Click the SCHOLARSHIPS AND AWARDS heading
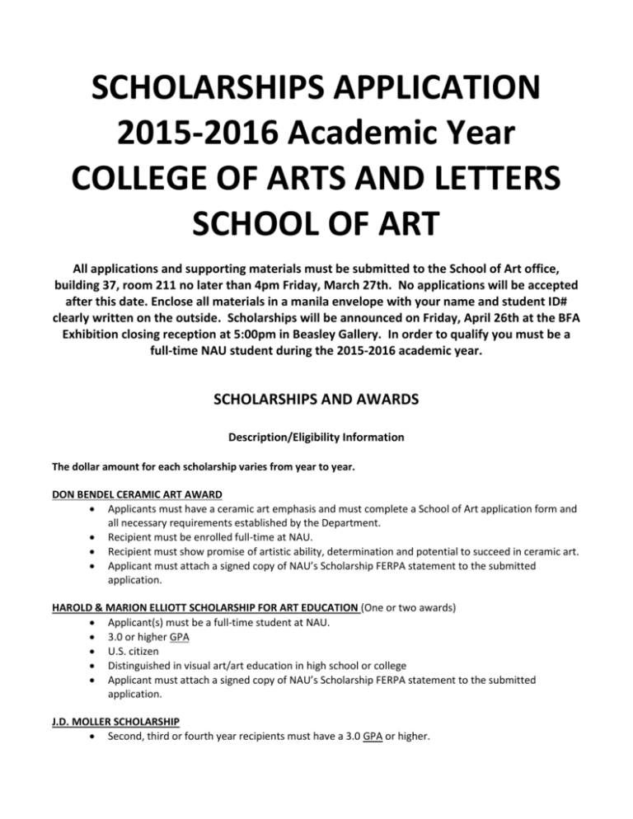316,402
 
